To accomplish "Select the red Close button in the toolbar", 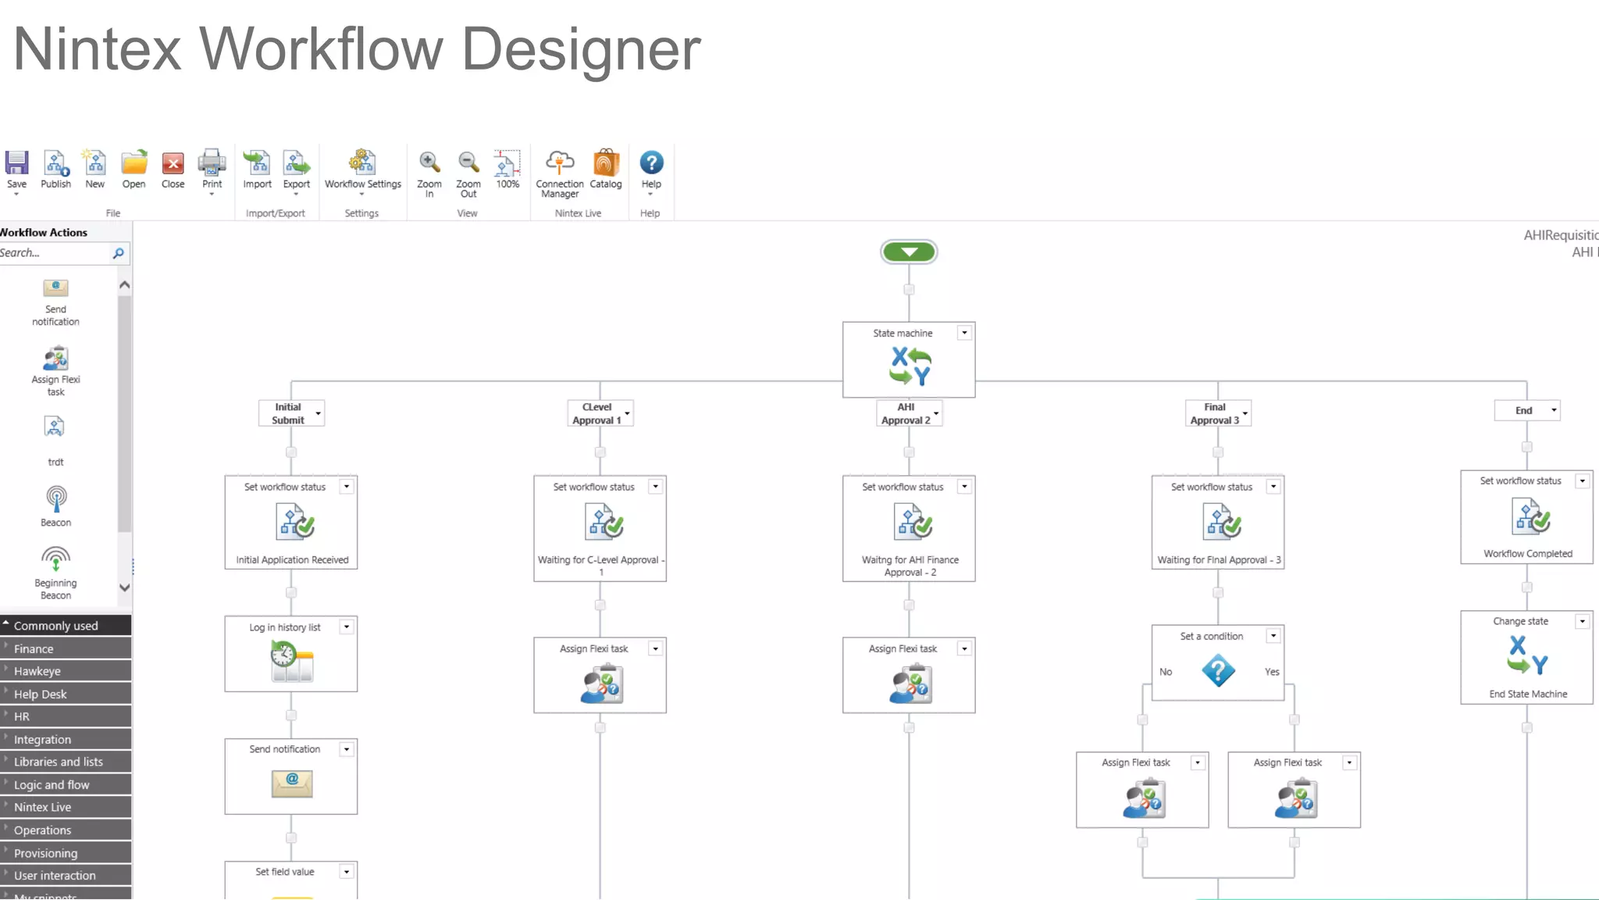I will (x=173, y=163).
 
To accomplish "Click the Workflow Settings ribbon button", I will (x=362, y=163).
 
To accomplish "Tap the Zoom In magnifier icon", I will (x=429, y=162).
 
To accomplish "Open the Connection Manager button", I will (x=559, y=163).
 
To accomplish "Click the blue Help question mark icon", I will (x=651, y=162).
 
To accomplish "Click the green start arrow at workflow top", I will (x=909, y=252).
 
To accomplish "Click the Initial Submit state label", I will (x=287, y=413).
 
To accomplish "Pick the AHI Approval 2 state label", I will (x=905, y=413).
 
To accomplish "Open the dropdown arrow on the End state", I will (x=1554, y=410).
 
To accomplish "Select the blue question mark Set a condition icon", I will (x=1218, y=671).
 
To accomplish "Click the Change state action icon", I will (x=1526, y=655).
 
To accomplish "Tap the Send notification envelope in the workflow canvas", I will (x=291, y=783).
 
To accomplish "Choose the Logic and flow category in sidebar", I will (x=52, y=784).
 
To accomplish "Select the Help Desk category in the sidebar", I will (x=41, y=694).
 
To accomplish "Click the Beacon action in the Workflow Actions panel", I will (x=55, y=505).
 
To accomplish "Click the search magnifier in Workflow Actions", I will (x=119, y=253).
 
